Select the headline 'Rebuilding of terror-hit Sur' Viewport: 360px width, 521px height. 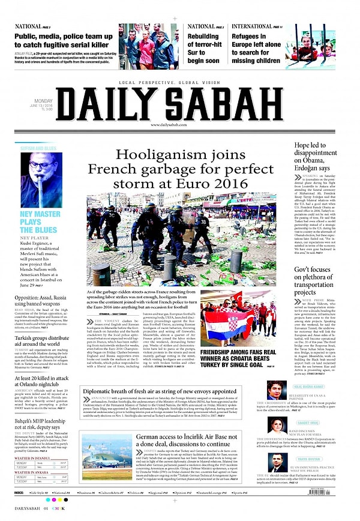point(204,49)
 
